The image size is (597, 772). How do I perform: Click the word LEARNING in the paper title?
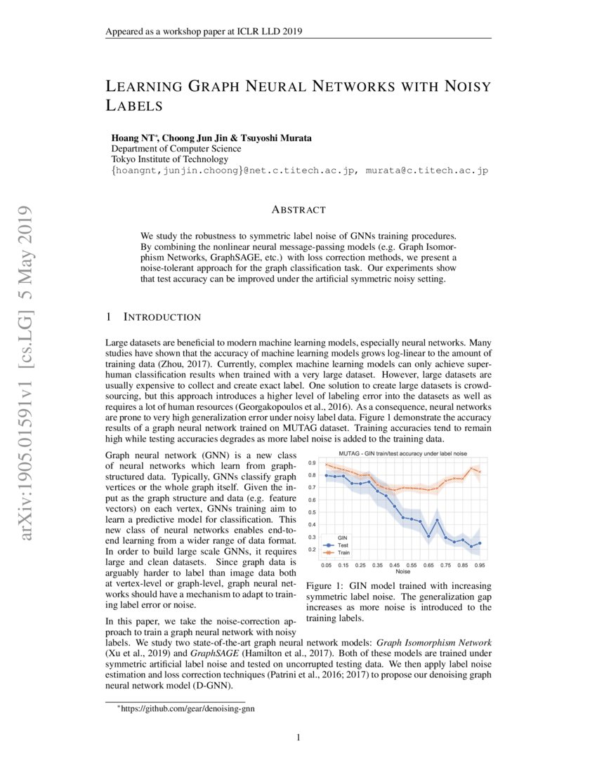[143, 87]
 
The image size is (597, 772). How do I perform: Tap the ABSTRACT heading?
[298, 210]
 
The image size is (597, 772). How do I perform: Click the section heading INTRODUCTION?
[162, 318]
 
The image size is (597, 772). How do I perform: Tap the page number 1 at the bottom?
[298, 737]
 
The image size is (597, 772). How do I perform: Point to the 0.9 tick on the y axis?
[311, 463]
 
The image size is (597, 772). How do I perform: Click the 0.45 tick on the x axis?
[395, 564]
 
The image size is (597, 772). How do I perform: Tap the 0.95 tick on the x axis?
[480, 564]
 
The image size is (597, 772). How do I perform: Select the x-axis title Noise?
[403, 571]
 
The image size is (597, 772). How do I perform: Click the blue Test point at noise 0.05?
[327, 476]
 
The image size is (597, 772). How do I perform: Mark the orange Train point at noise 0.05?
[327, 464]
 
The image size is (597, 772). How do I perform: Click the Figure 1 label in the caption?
[326, 586]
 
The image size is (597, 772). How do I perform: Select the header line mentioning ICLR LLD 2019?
[204, 31]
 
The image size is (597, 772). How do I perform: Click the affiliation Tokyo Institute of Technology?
[165, 159]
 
